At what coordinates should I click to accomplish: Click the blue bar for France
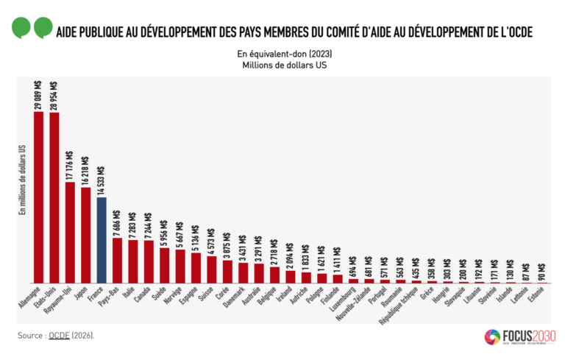[102, 240]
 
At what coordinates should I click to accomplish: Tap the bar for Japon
[86, 235]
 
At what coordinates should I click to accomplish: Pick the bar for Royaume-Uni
[70, 232]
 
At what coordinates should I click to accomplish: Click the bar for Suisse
[212, 269]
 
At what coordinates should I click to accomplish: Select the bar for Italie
[133, 261]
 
